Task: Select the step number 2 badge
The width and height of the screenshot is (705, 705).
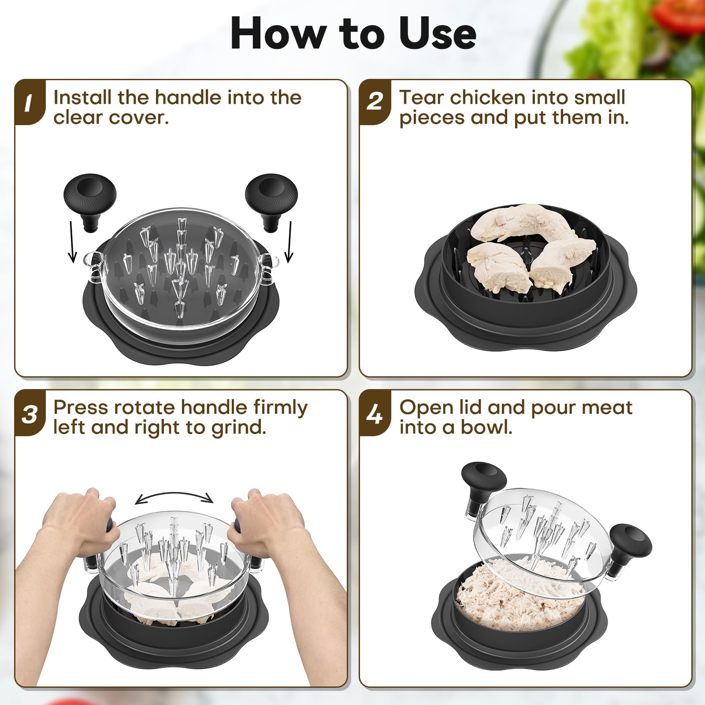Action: [x=374, y=102]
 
